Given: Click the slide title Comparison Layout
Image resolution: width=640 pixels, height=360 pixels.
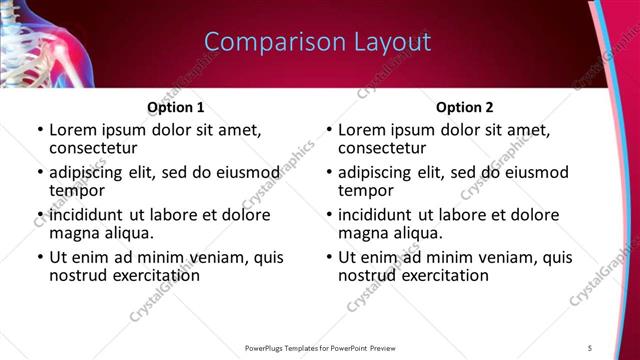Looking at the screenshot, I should point(317,42).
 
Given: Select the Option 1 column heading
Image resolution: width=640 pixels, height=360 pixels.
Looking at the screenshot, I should point(176,107).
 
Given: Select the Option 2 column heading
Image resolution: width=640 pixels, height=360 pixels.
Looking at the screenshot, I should point(464,107).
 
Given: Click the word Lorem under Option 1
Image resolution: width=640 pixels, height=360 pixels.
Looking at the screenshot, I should point(73,130).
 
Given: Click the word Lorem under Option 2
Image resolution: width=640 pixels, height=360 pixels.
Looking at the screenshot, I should point(362,130).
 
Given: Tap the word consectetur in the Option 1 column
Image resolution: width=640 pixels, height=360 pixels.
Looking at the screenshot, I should point(92,148).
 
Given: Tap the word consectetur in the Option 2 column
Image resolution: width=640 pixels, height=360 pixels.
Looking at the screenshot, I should point(381,148).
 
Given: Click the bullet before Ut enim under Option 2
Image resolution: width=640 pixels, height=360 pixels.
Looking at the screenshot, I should point(329,257).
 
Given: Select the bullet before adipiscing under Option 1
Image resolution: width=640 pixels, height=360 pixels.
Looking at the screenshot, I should point(40,172).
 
